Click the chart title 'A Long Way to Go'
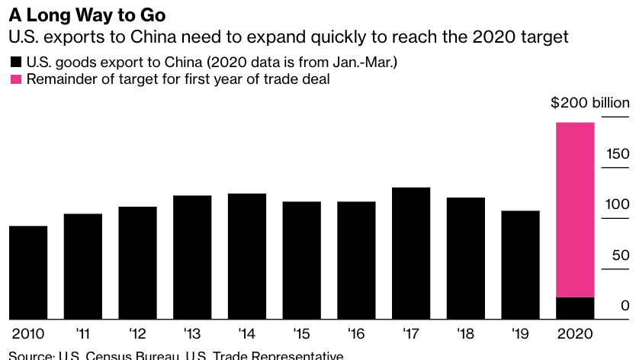pyautogui.click(x=82, y=14)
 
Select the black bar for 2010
pyautogui.click(x=28, y=272)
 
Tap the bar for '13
pyautogui.click(x=192, y=257)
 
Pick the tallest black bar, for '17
pyautogui.click(x=411, y=253)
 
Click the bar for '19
pyautogui.click(x=520, y=265)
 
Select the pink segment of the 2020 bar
pyautogui.click(x=575, y=210)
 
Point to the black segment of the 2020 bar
pyautogui.click(x=575, y=308)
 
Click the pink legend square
pyautogui.click(x=15, y=80)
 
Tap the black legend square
pyautogui.click(x=15, y=63)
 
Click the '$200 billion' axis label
pyautogui.click(x=590, y=103)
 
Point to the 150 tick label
pyautogui.click(x=618, y=154)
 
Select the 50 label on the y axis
pyautogui.click(x=621, y=256)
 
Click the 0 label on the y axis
pyautogui.click(x=625, y=306)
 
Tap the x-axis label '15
pyautogui.click(x=301, y=334)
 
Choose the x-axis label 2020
pyautogui.click(x=575, y=334)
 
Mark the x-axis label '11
pyautogui.click(x=82, y=334)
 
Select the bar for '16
pyautogui.click(x=356, y=260)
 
